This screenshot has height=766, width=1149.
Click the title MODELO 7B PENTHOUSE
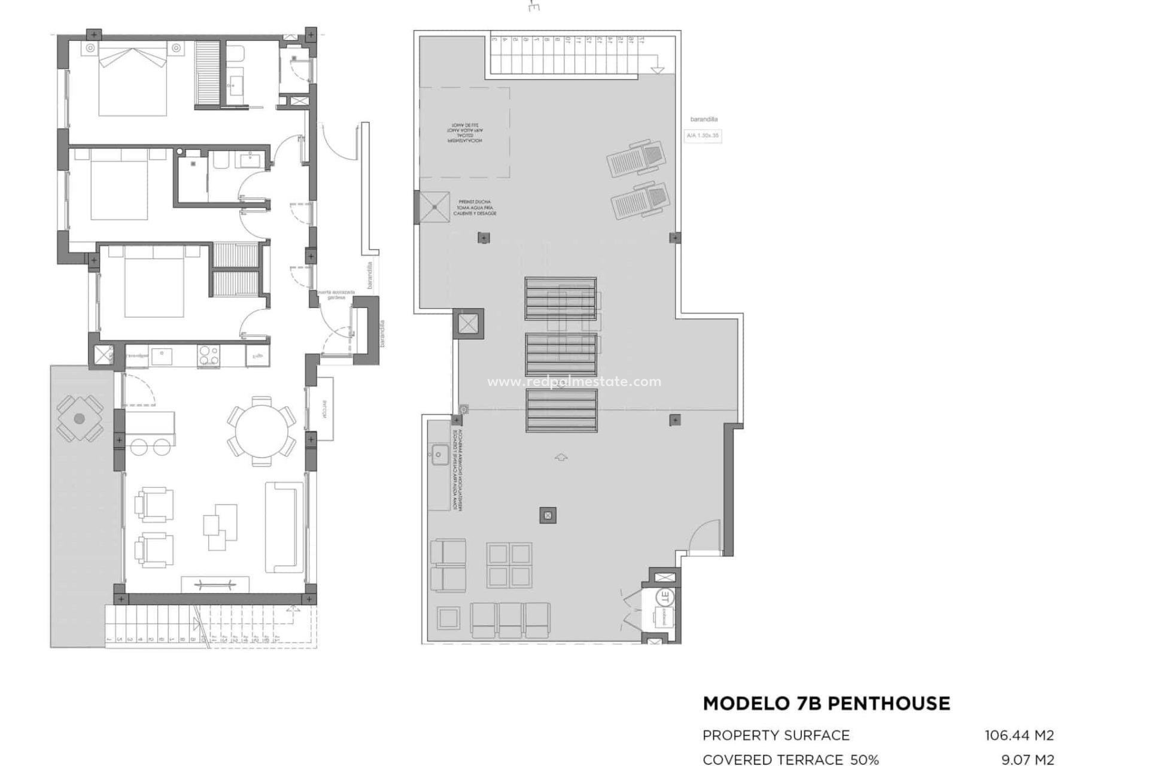(x=826, y=703)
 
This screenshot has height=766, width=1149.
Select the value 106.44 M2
(x=1019, y=735)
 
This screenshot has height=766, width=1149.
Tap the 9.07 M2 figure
(x=1028, y=759)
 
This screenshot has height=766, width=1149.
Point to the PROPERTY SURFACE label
(x=776, y=735)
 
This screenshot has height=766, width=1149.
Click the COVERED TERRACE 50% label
(x=790, y=759)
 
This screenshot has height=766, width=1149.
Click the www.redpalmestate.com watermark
(x=574, y=382)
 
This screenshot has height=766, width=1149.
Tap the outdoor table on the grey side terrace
(x=79, y=419)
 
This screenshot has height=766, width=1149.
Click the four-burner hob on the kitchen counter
(x=208, y=355)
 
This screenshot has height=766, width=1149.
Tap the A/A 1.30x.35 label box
(x=703, y=136)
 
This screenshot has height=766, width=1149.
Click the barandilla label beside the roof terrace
(x=704, y=120)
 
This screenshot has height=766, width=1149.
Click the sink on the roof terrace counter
(x=439, y=455)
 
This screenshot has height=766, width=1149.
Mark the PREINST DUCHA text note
(x=475, y=208)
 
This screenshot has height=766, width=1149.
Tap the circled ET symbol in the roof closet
(x=664, y=597)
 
